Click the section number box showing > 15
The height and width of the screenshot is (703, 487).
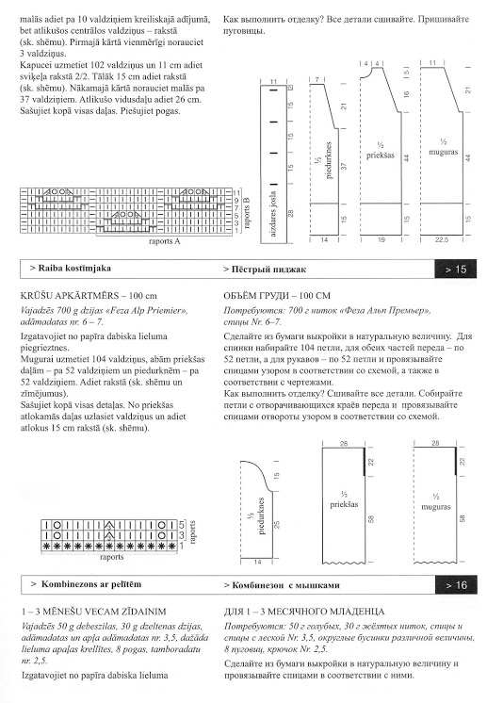point(456,269)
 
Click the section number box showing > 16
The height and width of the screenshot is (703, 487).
point(456,584)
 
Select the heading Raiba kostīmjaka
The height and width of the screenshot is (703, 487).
point(71,269)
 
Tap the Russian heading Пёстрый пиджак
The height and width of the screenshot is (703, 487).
point(265,269)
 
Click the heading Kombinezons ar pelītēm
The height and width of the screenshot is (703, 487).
point(86,584)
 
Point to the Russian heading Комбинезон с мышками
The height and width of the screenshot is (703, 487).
point(282,585)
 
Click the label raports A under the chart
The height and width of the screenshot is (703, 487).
point(165,241)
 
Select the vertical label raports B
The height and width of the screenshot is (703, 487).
point(247,213)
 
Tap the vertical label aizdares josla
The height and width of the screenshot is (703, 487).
point(274,214)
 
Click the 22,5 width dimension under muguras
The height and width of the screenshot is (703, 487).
point(442,240)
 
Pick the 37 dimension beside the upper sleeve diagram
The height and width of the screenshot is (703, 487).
point(344,166)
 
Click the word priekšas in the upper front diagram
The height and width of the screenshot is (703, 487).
point(381,155)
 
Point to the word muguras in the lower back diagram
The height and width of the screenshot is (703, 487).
point(435,507)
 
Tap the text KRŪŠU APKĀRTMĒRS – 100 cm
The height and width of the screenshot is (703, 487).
point(89,296)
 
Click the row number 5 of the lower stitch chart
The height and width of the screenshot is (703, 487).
point(182,525)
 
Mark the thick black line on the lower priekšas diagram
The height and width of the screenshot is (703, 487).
point(365,461)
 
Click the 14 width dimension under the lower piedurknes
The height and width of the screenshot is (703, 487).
point(257,562)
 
